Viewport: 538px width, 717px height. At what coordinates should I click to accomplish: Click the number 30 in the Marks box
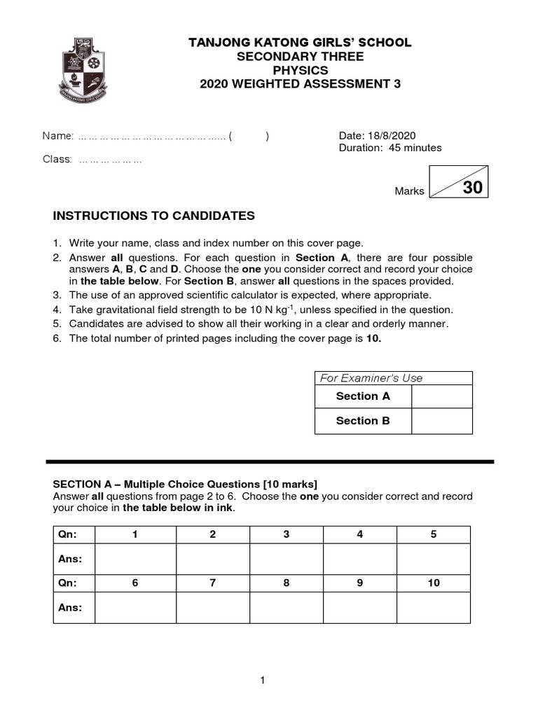[x=472, y=188]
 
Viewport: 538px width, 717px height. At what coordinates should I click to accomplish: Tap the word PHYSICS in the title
[x=300, y=71]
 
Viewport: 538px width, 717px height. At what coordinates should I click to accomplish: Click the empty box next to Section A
[x=441, y=396]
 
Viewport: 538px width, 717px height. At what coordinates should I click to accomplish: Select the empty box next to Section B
[x=441, y=421]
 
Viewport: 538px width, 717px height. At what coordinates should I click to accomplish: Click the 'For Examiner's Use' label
[x=371, y=378]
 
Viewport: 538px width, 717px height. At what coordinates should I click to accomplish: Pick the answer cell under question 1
[x=135, y=559]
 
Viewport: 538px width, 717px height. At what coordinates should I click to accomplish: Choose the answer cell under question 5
[x=434, y=559]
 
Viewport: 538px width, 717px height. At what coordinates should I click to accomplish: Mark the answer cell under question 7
[x=212, y=608]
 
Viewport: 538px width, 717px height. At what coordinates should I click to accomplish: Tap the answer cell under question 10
[x=434, y=608]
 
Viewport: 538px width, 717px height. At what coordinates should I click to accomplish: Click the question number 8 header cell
[x=287, y=583]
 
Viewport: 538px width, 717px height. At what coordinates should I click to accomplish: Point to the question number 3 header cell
[x=287, y=535]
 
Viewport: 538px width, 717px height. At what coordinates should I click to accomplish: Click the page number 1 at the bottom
[x=262, y=680]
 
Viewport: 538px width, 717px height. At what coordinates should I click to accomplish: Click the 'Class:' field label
[x=57, y=160]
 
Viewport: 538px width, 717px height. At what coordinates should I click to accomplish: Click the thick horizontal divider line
[x=270, y=462]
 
